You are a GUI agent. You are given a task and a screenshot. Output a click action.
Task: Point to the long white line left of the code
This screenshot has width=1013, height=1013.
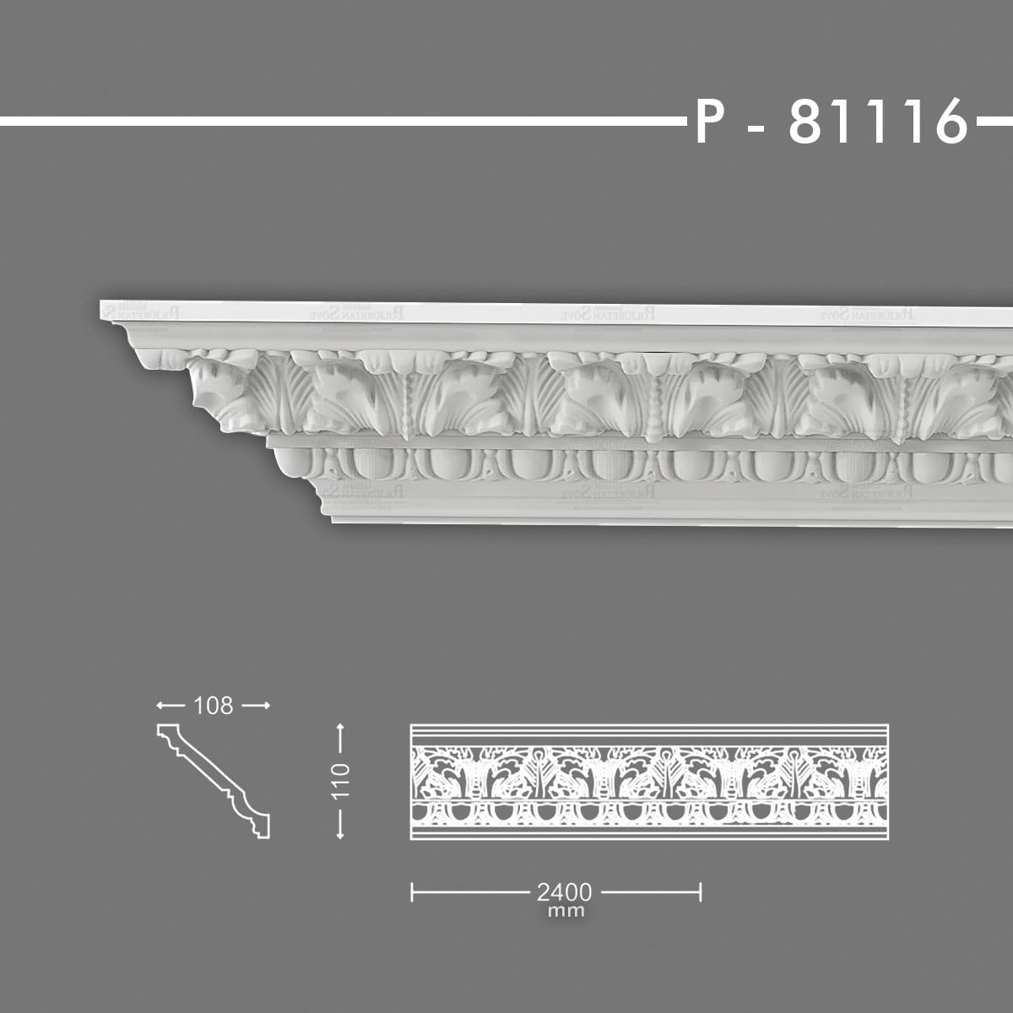point(338,122)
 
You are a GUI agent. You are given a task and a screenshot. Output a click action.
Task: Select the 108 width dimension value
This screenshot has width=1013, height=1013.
point(213,705)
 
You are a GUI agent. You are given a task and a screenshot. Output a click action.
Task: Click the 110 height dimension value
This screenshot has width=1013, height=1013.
point(340,782)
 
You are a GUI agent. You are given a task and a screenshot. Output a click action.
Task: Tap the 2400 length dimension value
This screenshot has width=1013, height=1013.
point(563,891)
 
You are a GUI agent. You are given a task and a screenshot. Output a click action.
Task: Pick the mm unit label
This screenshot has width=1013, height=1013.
point(565,911)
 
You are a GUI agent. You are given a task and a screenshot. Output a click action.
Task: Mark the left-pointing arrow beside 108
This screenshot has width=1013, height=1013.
point(169,705)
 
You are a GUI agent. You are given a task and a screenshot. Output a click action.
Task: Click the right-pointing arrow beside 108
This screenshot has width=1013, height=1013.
point(257,705)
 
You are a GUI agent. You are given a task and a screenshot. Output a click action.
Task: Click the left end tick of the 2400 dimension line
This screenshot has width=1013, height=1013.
point(411,891)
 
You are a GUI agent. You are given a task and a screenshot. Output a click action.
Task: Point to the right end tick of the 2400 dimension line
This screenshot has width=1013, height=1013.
point(701,891)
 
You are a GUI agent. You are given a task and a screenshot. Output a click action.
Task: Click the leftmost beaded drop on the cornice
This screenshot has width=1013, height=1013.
point(409,409)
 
